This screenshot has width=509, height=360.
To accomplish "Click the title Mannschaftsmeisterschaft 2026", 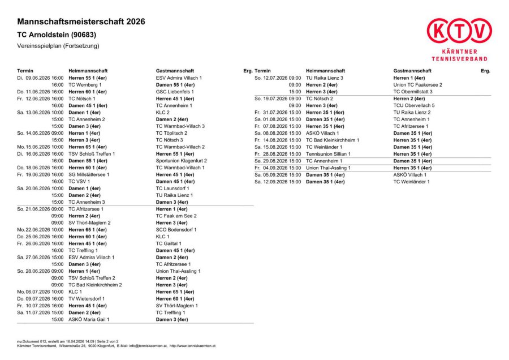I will click(81, 22).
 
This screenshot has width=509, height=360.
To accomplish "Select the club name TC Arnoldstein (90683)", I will click(57, 35).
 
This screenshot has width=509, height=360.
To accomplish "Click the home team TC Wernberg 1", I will click(85, 84).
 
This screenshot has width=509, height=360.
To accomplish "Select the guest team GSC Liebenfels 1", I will click(175, 91).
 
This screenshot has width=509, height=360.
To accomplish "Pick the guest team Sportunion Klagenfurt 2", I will click(181, 161).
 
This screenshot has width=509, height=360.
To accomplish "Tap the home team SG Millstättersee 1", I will click(89, 175).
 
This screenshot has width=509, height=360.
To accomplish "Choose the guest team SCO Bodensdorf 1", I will click(176, 230).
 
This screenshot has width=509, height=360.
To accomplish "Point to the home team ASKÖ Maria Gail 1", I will click(89, 319).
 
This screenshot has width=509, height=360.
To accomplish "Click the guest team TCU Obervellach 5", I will click(414, 105).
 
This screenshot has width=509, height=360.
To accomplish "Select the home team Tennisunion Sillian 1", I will click(328, 154).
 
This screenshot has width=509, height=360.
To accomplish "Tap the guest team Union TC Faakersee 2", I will click(417, 84).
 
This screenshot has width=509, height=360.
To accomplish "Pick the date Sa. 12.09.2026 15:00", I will click(278, 182).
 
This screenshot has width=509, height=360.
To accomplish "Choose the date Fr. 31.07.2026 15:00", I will click(278, 112).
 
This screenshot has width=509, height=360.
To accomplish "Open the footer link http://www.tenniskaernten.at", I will click(192, 345).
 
